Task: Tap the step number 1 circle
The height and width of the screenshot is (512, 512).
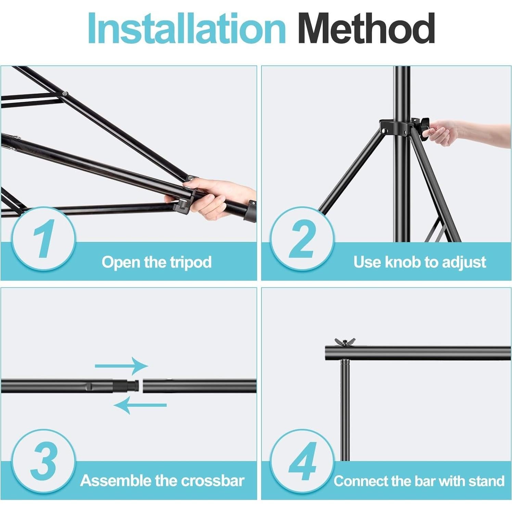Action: pyautogui.click(x=43, y=239)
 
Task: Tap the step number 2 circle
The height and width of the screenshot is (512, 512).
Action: pyautogui.click(x=302, y=239)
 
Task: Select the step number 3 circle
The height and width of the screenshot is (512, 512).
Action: pyautogui.click(x=43, y=461)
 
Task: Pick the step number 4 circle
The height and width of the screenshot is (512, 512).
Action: pyautogui.click(x=302, y=461)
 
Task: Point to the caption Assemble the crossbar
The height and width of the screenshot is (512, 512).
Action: pyautogui.click(x=162, y=481)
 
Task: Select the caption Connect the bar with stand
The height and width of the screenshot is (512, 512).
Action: pyautogui.click(x=419, y=481)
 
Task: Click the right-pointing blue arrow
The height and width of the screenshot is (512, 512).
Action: pyautogui.click(x=121, y=366)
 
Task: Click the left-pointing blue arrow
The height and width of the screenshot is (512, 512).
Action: pyautogui.click(x=140, y=405)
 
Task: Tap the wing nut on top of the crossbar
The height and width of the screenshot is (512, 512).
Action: pyautogui.click(x=345, y=342)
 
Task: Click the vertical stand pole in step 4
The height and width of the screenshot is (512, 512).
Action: pyautogui.click(x=345, y=410)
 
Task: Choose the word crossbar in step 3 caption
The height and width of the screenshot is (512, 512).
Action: pyautogui.click(x=213, y=481)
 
